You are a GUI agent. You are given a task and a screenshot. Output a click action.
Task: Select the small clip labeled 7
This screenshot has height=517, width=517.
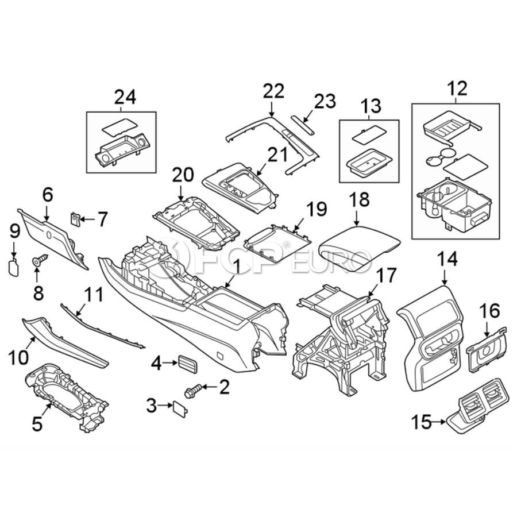tap(75, 218)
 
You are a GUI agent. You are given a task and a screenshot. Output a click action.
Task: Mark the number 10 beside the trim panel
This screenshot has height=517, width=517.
tap(18, 357)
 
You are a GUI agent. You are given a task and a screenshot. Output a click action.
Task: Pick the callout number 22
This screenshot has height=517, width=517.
tap(273, 90)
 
